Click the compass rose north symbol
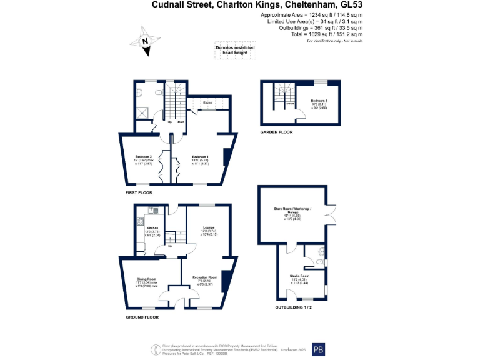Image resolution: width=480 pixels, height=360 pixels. pos(145,42)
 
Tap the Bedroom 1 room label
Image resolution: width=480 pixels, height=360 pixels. pos(200,156)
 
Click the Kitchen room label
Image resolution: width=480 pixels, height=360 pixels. pos(152,228)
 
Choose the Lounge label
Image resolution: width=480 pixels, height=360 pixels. pos(209,228)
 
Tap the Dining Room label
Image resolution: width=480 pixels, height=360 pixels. pos(147,279)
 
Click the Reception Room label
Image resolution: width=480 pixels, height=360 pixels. pos(204,277)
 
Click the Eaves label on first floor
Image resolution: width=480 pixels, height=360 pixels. pos(207,102)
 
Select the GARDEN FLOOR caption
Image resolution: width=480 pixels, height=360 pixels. pos(276,132)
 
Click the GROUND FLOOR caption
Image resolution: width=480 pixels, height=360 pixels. pos(142,317)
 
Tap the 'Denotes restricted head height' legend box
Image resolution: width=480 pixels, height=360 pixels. pos(232,50)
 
